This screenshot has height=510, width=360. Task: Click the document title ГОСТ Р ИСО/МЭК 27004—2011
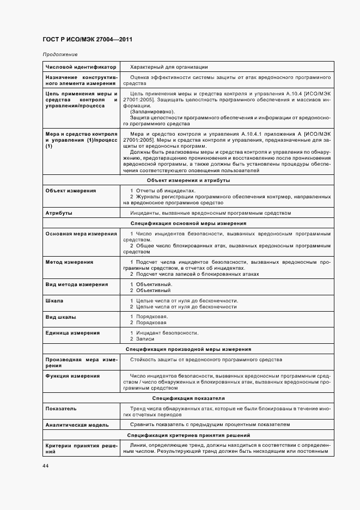pos(87,40)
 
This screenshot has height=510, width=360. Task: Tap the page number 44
pos(45,465)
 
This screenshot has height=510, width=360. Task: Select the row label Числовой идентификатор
pos(81,67)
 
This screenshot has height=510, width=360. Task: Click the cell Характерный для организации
pos(169,67)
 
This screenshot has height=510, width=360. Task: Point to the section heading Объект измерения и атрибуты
pos(188,180)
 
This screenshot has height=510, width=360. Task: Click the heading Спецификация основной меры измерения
pos(188,223)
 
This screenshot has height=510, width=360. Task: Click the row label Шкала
pos(54,301)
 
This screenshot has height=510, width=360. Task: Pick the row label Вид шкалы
pos(61,317)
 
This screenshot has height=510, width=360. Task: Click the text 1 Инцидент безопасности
pos(164,333)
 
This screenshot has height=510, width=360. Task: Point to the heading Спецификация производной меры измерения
pos(188,349)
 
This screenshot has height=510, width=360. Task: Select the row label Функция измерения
pos(72,376)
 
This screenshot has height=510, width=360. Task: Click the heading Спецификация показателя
pos(188,398)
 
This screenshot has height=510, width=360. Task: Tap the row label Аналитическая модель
pos(77,424)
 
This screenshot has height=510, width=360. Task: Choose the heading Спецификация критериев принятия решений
pos(188,435)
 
